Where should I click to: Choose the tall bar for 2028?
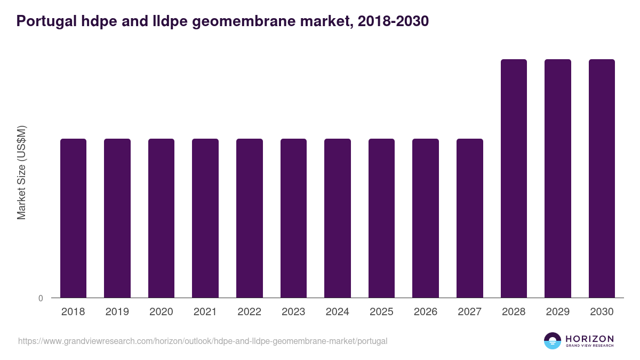pos(514,178)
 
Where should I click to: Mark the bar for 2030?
pos(602,178)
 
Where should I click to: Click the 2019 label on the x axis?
pos(117,312)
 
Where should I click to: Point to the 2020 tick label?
pos(161,312)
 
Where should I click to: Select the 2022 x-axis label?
pos(249,312)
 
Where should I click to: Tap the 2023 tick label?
pos(293,312)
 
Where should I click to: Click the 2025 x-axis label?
pos(381,312)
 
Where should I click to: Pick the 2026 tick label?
pos(426,312)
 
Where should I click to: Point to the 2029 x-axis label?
pos(558,312)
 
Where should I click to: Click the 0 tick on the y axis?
pos(41,298)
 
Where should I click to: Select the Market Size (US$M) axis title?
pos(21,173)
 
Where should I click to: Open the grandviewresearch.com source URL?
pos(203,341)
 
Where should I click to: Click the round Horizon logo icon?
pos(553,341)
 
